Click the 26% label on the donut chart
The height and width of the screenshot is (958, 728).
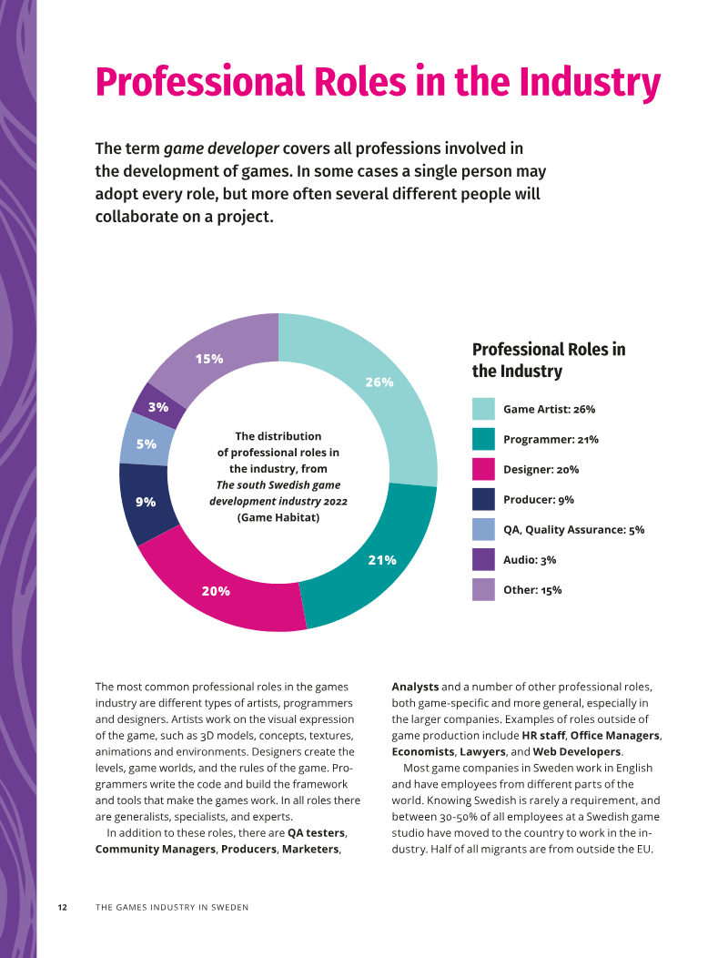click(379, 382)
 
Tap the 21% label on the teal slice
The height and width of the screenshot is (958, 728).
click(382, 560)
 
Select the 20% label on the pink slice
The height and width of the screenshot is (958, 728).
click(217, 591)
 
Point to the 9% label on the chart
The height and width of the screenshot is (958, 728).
click(146, 502)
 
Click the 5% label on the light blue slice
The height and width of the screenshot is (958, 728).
click(147, 444)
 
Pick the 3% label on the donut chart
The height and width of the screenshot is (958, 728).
click(158, 407)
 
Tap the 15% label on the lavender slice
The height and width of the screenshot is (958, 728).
click(209, 359)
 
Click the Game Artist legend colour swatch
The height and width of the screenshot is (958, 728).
click(484, 409)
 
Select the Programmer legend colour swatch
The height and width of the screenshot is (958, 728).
click(484, 439)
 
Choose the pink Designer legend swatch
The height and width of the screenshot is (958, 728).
click(484, 469)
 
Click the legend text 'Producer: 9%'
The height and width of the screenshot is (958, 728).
click(539, 500)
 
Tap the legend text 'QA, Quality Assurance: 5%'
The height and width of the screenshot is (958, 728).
click(574, 530)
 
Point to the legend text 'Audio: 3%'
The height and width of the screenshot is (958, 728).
click(530, 560)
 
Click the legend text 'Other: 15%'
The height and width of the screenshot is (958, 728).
click(532, 589)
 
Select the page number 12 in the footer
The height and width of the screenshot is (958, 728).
click(62, 907)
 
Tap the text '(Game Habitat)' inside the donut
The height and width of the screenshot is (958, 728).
click(278, 517)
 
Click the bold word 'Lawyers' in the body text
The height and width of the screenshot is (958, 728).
click(482, 751)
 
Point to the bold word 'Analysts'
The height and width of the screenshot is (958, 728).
click(415, 687)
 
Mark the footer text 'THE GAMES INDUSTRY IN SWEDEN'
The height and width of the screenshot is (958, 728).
click(172, 907)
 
